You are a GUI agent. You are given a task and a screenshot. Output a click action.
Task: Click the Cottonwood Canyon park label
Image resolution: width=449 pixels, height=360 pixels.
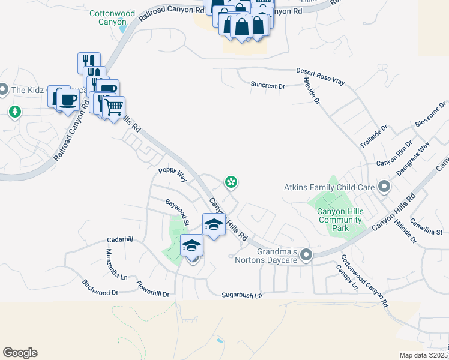coord(107,17)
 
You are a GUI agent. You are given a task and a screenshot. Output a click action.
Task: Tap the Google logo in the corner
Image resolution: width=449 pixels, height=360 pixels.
coord(20,353)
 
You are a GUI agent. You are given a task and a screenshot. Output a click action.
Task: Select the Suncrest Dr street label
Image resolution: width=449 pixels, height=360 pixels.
coord(267,86)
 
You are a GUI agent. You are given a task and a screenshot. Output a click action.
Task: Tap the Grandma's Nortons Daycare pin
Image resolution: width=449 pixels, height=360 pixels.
coord(306,256)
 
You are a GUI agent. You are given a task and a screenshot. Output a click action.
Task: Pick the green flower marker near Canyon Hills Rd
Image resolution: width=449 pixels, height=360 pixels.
coord(229,181)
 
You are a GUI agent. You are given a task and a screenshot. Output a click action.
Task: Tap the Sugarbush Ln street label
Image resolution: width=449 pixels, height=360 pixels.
coord(242,295)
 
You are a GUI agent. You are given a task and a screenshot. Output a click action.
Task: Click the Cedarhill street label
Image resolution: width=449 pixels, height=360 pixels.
coord(120,239)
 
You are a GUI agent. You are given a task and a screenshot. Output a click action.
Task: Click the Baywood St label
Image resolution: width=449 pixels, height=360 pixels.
coord(178,214)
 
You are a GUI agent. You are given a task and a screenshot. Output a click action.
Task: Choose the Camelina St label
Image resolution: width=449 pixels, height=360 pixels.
coord(426,227)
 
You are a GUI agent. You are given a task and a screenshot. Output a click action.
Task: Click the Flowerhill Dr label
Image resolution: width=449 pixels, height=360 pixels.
coord(153,289)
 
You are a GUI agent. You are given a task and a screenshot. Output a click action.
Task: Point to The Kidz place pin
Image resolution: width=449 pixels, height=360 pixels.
coord(3,90)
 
